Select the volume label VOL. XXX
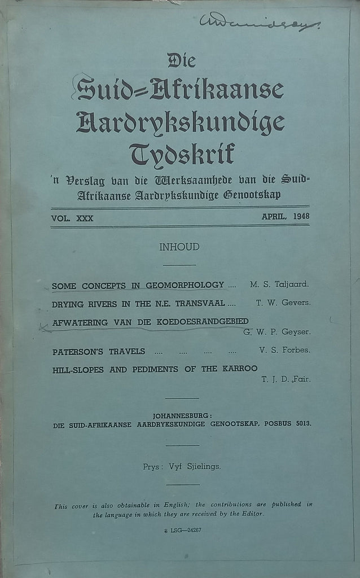(72, 217)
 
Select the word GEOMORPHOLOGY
(184, 286)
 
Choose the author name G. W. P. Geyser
(277, 332)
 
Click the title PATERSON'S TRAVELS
(99, 351)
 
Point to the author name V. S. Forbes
(284, 351)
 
